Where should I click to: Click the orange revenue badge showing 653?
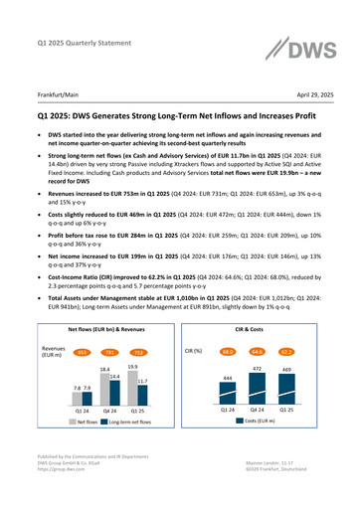pyautogui.click(x=87, y=352)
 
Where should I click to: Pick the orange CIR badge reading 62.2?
pyautogui.click(x=285, y=351)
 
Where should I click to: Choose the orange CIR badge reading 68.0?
pyautogui.click(x=229, y=351)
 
